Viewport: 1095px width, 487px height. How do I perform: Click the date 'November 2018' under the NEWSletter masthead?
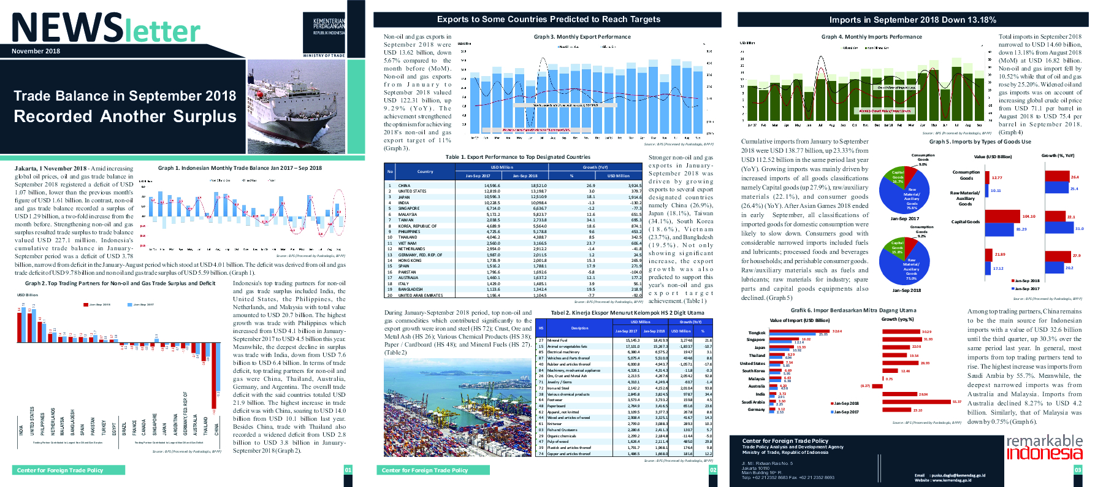point(36,51)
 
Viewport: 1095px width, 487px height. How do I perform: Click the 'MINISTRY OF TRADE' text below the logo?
point(324,56)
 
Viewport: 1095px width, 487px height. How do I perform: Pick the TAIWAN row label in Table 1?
point(406,220)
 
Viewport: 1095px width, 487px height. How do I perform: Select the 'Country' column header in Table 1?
point(425,172)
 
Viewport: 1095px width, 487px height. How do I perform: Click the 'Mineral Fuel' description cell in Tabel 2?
point(557,340)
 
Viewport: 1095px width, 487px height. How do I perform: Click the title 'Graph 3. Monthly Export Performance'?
point(582,37)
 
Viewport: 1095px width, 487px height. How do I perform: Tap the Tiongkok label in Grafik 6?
point(757,332)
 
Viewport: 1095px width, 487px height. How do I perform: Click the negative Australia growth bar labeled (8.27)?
point(877,386)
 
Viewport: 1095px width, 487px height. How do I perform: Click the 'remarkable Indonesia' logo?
point(1044,447)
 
